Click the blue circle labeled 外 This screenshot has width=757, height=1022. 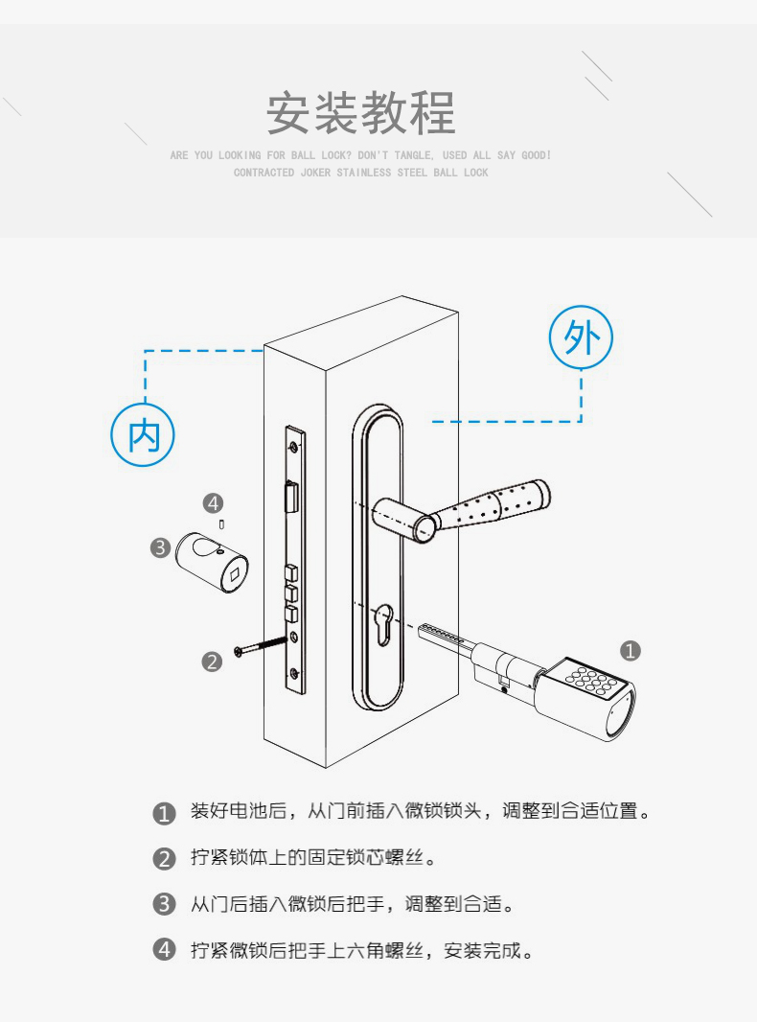tap(581, 337)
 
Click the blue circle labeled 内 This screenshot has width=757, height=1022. tap(144, 435)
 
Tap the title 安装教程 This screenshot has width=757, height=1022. tap(360, 113)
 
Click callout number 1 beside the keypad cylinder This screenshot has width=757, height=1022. tap(630, 650)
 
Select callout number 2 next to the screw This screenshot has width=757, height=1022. tap(212, 662)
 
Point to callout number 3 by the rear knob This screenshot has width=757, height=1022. tap(160, 546)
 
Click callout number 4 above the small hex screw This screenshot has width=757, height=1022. tap(213, 503)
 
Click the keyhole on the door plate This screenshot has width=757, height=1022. tap(384, 623)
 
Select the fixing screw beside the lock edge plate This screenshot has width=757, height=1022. tap(261, 645)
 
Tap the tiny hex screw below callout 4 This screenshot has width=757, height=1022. tap(221, 524)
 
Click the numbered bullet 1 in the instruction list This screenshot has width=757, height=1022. tap(164, 813)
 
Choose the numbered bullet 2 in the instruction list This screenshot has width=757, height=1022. tap(164, 858)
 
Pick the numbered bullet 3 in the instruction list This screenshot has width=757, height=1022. tap(164, 904)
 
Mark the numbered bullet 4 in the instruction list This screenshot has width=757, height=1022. tap(164, 950)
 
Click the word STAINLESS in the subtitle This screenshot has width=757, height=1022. tap(363, 173)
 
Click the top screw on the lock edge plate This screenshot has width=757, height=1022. tap(294, 447)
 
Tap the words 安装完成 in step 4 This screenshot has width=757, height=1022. tap(482, 950)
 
